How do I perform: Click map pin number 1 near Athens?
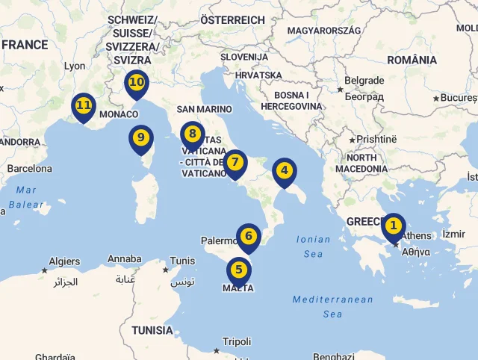pos(393,226)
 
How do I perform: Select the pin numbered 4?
pos(284,171)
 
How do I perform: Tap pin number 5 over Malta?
pos(238,270)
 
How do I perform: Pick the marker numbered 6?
pos(249,237)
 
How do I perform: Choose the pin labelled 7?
pos(235,162)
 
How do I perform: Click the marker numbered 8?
pos(193,134)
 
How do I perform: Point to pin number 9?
pos(140,137)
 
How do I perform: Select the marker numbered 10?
pos(136,82)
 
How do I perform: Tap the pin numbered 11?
pos(83,106)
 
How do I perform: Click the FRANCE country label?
pos(25,45)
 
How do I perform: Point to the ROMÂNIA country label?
pos(412,60)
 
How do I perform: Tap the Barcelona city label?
pos(30,169)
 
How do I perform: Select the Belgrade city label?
pos(364,81)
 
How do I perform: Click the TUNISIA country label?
pos(152,329)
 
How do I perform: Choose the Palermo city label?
pos(219,241)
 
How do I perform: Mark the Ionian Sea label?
pos(314,247)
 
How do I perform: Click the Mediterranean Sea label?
pos(332,306)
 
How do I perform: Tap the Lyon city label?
pos(75,66)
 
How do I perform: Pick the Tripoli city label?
pos(237,342)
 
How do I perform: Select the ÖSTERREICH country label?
pos(233,20)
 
